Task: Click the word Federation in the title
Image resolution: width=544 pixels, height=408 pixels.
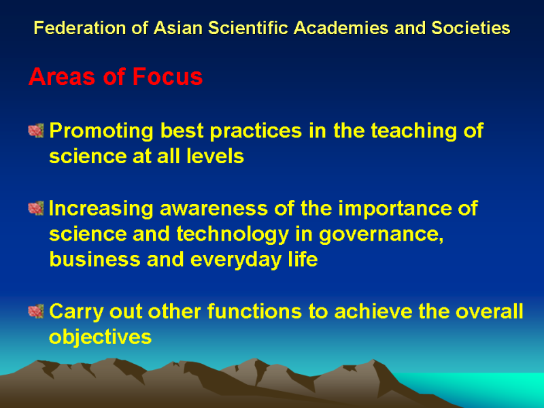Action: [x=80, y=28]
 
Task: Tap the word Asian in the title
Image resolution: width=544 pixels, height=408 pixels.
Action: [x=178, y=28]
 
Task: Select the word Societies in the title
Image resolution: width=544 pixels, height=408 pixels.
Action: [x=471, y=28]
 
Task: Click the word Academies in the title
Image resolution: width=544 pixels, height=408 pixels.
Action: [x=341, y=28]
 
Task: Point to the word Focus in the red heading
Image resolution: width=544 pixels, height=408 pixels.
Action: [x=167, y=76]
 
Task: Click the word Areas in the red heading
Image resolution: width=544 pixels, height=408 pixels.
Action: [x=62, y=76]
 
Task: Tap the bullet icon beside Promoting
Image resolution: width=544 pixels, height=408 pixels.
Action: [x=36, y=131]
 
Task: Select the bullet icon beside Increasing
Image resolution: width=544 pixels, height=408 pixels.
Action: [x=36, y=208]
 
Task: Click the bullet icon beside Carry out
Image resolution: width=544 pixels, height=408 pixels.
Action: [x=36, y=311]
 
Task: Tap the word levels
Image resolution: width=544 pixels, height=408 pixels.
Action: [x=215, y=156]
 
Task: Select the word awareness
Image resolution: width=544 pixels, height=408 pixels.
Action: [x=214, y=208]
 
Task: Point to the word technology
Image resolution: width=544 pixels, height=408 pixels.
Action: [x=233, y=235]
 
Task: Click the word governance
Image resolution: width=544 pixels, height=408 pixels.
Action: [x=381, y=235]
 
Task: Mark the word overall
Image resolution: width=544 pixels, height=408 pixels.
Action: [x=489, y=311]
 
